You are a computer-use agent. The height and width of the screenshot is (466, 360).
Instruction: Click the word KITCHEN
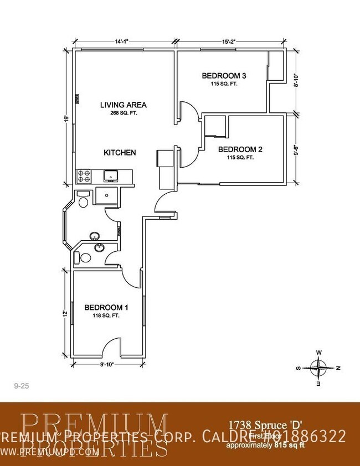pyautogui.click(x=120, y=153)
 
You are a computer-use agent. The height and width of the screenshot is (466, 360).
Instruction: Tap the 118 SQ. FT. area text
pyautogui.click(x=106, y=315)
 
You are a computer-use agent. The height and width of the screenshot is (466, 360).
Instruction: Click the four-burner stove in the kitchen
pyautogui.click(x=84, y=177)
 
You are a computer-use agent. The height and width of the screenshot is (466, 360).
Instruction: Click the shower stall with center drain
pyautogui.click(x=105, y=195)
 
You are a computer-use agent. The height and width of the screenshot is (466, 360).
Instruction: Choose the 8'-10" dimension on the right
pyautogui.click(x=296, y=82)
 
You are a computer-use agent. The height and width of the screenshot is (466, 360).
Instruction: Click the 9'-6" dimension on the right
pyautogui.click(x=296, y=149)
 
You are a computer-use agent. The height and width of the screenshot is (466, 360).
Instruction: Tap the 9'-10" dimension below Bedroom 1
pyautogui.click(x=106, y=364)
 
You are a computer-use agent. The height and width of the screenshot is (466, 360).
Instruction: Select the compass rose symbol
pyautogui.click(x=319, y=367)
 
